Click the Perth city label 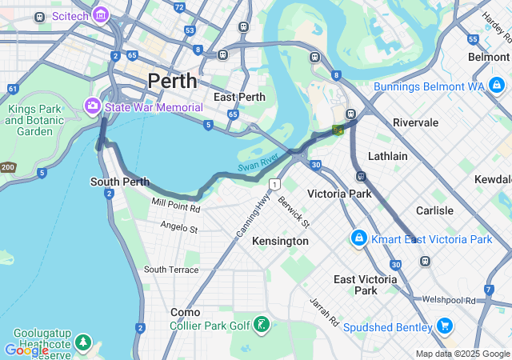pyautogui.click(x=172, y=81)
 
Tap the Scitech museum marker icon pyautogui.click(x=100, y=15)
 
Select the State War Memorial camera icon pyautogui.click(x=93, y=106)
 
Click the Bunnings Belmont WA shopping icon pyautogui.click(x=497, y=84)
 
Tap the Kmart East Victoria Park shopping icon pyautogui.click(x=359, y=238)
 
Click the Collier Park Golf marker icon pyautogui.click(x=261, y=325)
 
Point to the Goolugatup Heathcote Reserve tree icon pyautogui.click(x=83, y=342)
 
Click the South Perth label pyautogui.click(x=120, y=182)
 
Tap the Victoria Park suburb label pyautogui.click(x=339, y=194)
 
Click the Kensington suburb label pyautogui.click(x=280, y=241)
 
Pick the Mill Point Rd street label pyautogui.click(x=176, y=205)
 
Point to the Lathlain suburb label pyautogui.click(x=388, y=156)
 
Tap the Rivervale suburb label pyautogui.click(x=415, y=122)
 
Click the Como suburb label pyautogui.click(x=186, y=312)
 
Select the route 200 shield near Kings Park pyautogui.click(x=7, y=167)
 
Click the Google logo pyautogui.click(x=26, y=350)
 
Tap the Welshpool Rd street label pyautogui.click(x=449, y=300)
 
